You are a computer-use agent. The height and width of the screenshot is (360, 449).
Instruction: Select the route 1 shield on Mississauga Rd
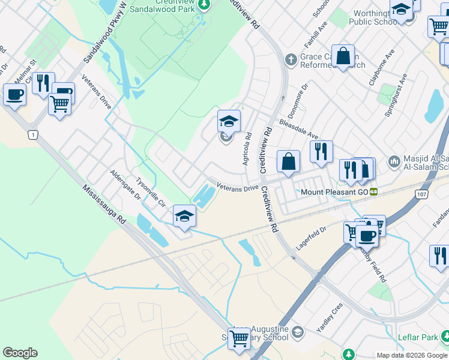point(32,135)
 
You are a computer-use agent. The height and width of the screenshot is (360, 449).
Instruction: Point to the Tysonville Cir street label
point(150,191)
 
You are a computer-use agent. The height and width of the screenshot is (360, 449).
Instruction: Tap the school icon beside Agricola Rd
point(229,122)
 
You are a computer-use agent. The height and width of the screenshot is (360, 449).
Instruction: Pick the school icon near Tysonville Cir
point(184,216)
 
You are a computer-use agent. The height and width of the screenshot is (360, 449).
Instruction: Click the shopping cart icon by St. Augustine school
point(240,338)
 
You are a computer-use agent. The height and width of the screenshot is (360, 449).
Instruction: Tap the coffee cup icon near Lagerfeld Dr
point(367,236)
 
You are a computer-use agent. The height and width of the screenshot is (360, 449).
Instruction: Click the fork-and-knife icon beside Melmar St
point(43,83)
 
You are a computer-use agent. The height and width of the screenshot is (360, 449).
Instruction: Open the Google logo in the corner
point(20,353)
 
